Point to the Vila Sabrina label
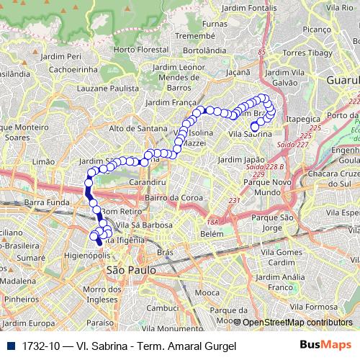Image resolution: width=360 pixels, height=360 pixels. pyautogui.click(x=250, y=134)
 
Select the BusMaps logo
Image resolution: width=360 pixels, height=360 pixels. pyautogui.click(x=328, y=346)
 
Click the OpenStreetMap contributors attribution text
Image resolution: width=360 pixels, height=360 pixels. pyautogui.click(x=297, y=322)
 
